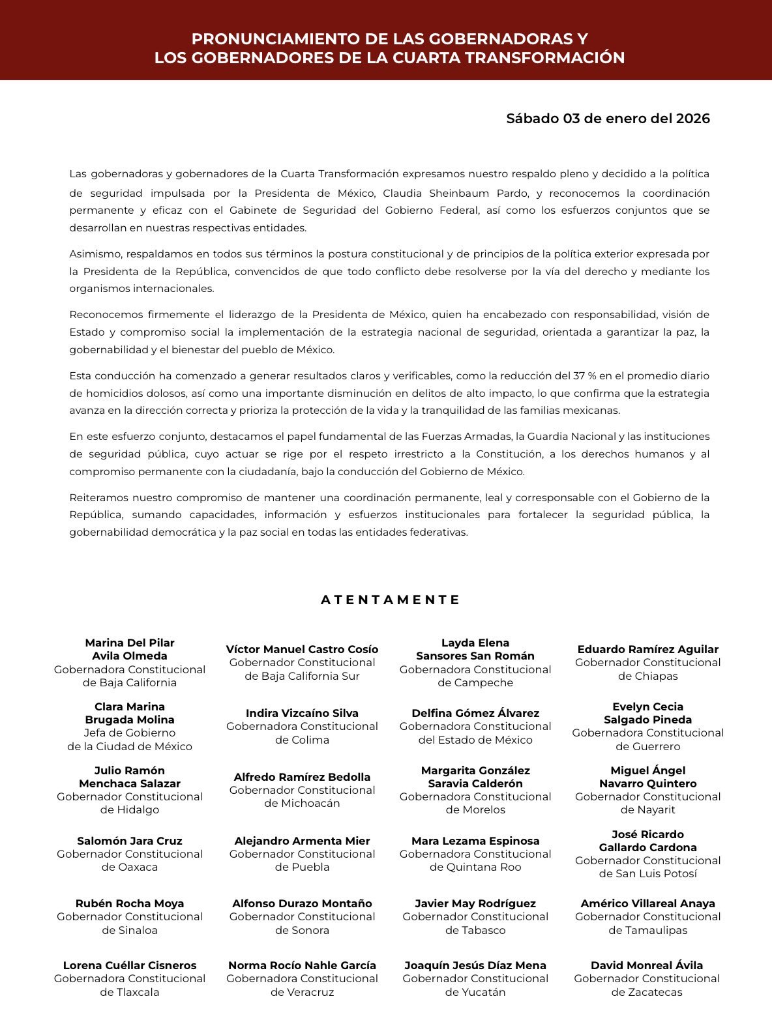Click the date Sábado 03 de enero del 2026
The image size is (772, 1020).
pyautogui.click(x=608, y=119)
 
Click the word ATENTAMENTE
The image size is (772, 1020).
pyautogui.click(x=391, y=600)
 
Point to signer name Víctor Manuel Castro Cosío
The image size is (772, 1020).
pyautogui.click(x=302, y=649)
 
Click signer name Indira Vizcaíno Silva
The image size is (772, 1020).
pyautogui.click(x=302, y=713)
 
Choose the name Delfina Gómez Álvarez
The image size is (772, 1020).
pyautogui.click(x=475, y=713)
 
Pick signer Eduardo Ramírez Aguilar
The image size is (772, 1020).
pyautogui.click(x=647, y=649)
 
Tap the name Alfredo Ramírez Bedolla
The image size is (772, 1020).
pyautogui.click(x=302, y=777)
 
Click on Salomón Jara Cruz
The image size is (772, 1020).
pyautogui.click(x=129, y=841)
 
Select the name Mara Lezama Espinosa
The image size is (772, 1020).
pyautogui.click(x=475, y=841)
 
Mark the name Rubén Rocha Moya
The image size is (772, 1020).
pyautogui.click(x=129, y=903)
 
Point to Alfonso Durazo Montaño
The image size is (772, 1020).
pyautogui.click(x=302, y=903)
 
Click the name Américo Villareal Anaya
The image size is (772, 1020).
pyautogui.click(x=647, y=903)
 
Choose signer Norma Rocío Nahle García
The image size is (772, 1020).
pyautogui.click(x=302, y=965)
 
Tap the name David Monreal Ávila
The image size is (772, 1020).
pyautogui.click(x=647, y=965)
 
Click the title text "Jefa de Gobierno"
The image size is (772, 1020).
pyautogui.click(x=129, y=733)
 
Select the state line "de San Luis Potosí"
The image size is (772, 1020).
pyautogui.click(x=647, y=873)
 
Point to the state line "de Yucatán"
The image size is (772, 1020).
pyautogui.click(x=475, y=992)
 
